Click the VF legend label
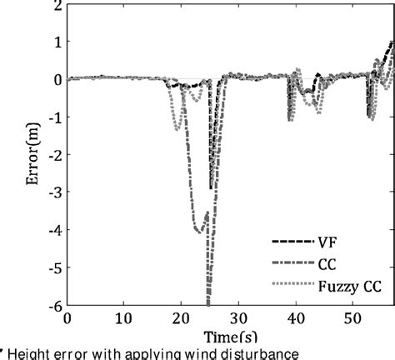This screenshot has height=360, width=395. click(327, 242)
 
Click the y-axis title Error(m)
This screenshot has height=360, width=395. click(16, 155)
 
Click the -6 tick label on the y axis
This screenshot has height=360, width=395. click(53, 306)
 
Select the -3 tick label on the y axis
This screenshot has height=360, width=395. click(53, 192)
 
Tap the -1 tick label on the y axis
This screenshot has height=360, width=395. click(53, 117)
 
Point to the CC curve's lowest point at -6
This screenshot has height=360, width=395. click(207, 304)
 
